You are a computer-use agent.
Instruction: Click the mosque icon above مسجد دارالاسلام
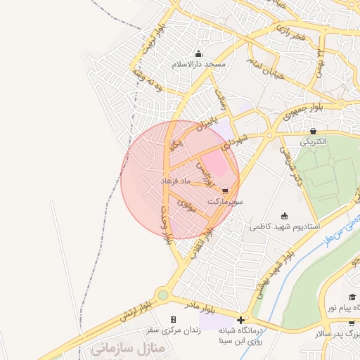tap(199, 54)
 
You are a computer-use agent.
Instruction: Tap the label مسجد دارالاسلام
tap(200, 64)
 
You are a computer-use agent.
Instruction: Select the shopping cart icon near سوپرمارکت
tap(225, 191)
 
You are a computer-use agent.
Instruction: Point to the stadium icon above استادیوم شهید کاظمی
tap(284, 216)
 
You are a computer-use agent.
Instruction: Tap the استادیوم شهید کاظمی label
tap(285, 227)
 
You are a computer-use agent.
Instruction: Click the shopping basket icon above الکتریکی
tap(313, 131)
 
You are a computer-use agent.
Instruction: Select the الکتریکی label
tap(314, 141)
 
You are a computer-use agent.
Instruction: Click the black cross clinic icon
tap(240, 320)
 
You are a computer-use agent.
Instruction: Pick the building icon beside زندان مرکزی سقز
tap(173, 320)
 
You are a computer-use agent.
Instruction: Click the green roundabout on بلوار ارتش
tap(164, 296)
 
